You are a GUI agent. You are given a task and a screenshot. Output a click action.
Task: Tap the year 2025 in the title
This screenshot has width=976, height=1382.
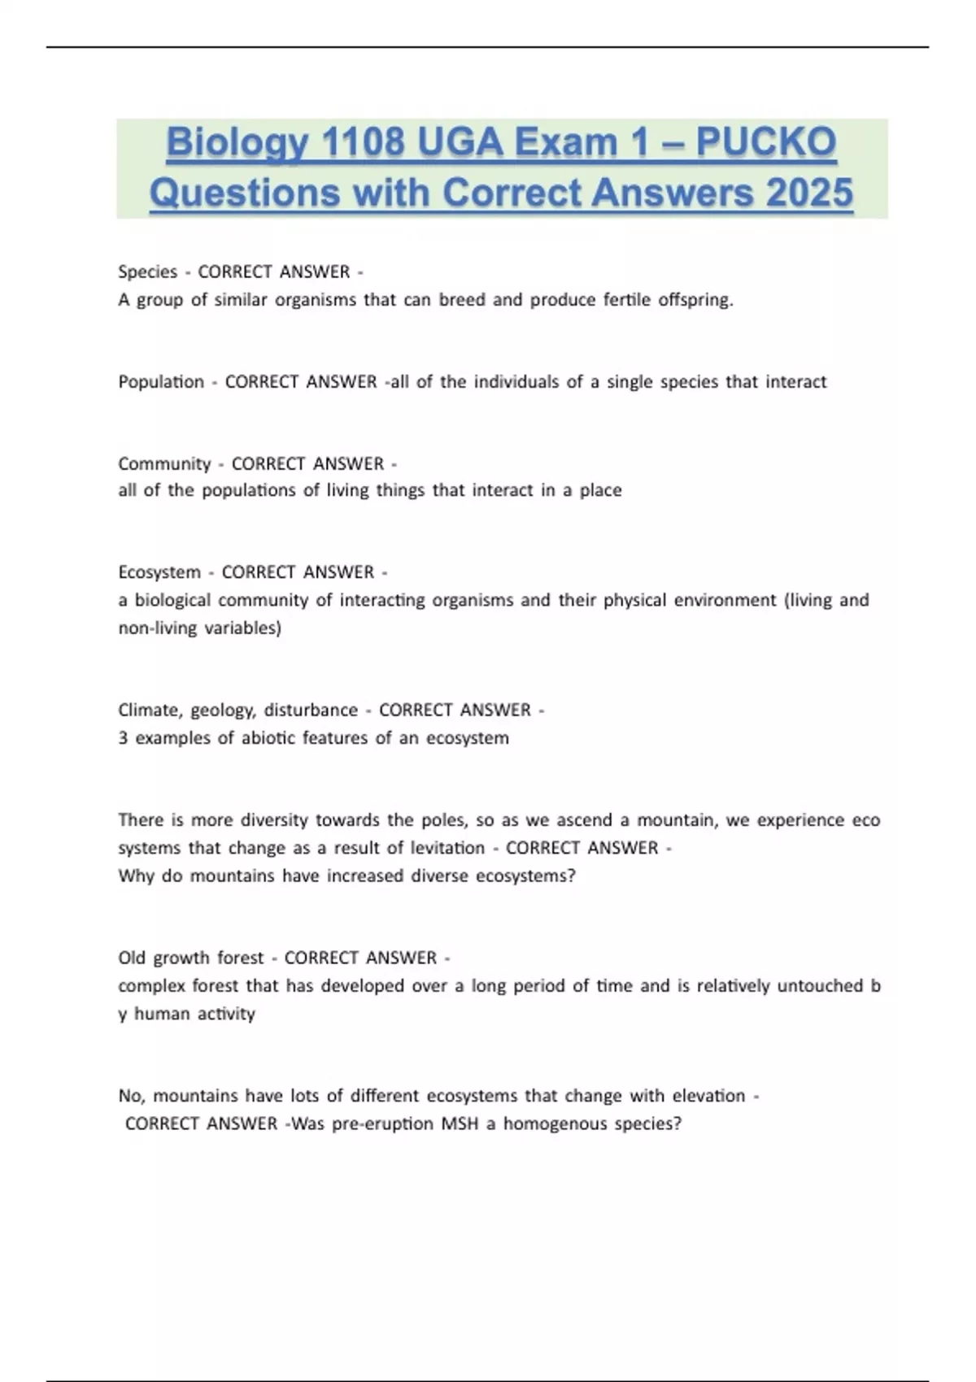click(x=809, y=193)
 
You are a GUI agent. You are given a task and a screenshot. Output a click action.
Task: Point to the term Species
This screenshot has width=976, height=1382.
click(x=147, y=272)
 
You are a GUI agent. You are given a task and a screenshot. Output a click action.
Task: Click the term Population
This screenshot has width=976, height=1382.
click(x=161, y=381)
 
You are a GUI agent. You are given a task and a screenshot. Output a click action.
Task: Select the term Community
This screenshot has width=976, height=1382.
click(x=164, y=463)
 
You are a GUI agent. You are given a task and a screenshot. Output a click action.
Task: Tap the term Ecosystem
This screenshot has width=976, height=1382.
click(x=159, y=572)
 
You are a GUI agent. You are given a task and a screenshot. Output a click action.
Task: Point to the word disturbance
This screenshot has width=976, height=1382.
click(x=311, y=710)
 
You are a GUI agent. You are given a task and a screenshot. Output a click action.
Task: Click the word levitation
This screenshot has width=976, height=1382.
click(x=447, y=848)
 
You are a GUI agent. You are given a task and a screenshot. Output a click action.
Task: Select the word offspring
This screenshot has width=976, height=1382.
click(x=695, y=300)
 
